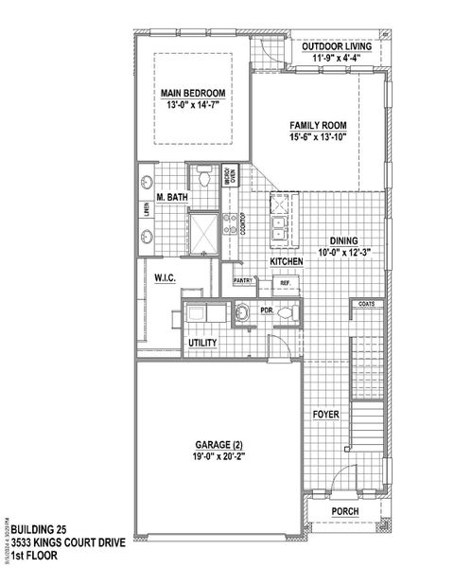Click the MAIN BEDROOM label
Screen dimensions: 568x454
pyautogui.click(x=192, y=92)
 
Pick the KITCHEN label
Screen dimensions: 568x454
pyautogui.click(x=286, y=260)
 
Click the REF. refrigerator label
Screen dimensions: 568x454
pyautogui.click(x=284, y=282)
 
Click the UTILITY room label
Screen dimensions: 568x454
pyautogui.click(x=202, y=343)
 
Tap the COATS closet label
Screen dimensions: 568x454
pyautogui.click(x=367, y=304)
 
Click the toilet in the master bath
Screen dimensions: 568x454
pyautogui.click(x=204, y=177)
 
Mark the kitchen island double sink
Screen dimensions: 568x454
pyautogui.click(x=281, y=227)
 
